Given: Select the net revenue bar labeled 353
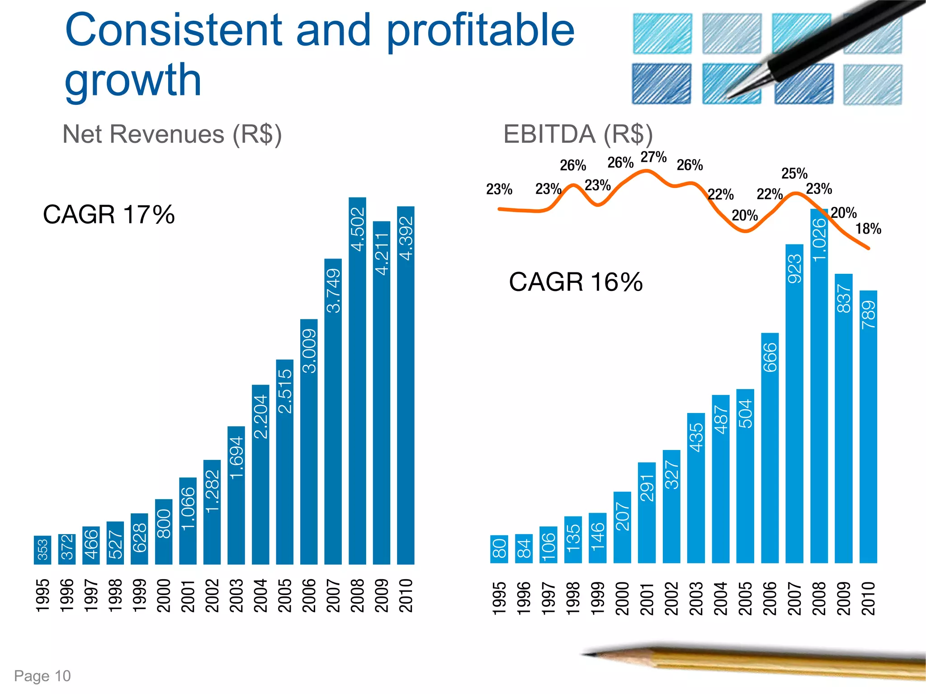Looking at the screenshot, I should click(x=43, y=550).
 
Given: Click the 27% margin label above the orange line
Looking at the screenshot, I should click(x=653, y=157).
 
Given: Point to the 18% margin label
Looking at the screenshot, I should click(x=868, y=229).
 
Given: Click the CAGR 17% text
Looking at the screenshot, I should click(x=109, y=214).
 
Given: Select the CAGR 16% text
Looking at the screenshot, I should click(x=576, y=282).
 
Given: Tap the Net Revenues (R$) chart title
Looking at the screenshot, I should click(x=172, y=134).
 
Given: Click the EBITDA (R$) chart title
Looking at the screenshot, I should click(x=578, y=134).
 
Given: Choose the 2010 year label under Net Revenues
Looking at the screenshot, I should click(x=406, y=596).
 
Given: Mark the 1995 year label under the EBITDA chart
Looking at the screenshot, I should click(x=499, y=598).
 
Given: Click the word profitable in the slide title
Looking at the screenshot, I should click(x=480, y=30).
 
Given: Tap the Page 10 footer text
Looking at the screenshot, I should click(x=43, y=676).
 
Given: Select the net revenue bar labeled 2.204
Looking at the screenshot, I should click(x=260, y=474).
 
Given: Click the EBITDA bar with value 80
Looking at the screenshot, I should click(x=499, y=549).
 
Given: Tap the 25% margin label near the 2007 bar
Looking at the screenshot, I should click(x=794, y=173).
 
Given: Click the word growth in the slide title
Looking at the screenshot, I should click(x=133, y=80).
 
